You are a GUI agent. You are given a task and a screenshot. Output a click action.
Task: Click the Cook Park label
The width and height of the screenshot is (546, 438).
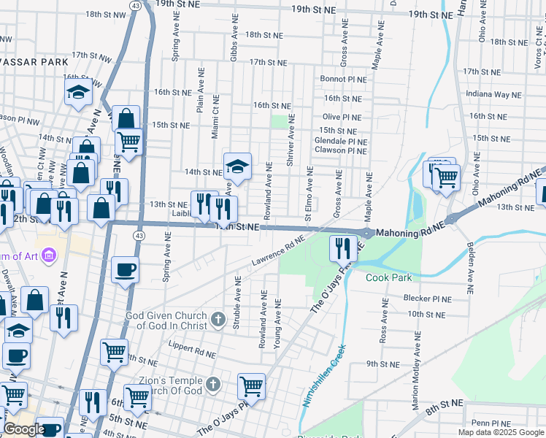tap(388, 277)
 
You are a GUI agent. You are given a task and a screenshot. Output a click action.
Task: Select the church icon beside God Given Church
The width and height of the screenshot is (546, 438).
tap(218, 319)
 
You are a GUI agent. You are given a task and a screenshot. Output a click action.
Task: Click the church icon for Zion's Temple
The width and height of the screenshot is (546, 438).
tap(212, 384)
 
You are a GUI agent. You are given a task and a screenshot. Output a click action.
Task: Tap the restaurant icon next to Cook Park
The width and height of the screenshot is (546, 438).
tap(342, 248)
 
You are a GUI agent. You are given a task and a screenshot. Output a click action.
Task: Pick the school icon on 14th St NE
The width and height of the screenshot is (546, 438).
tap(237, 167)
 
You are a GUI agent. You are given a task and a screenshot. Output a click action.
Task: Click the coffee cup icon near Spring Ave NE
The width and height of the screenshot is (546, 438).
tap(125, 269)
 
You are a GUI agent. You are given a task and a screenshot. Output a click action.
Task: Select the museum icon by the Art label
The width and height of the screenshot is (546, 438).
tap(50, 255)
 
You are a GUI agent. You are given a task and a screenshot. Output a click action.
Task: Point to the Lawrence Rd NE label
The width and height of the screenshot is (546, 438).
tap(278, 250)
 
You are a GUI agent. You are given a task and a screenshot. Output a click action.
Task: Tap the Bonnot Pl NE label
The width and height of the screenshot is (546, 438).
tap(342, 79)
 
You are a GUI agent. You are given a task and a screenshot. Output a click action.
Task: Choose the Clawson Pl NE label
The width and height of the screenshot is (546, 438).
tap(340, 150)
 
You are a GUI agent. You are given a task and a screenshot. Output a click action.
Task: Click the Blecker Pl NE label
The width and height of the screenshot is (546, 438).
tap(428, 299)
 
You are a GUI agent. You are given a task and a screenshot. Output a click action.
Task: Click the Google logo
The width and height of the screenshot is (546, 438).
tap(24, 429)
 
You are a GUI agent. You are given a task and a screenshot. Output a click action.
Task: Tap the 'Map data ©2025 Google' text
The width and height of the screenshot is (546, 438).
tap(500, 432)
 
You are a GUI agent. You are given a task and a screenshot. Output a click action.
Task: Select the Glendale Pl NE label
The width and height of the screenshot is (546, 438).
tap(340, 141)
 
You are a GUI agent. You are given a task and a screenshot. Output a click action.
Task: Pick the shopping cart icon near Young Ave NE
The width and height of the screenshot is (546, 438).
tap(252, 385)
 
